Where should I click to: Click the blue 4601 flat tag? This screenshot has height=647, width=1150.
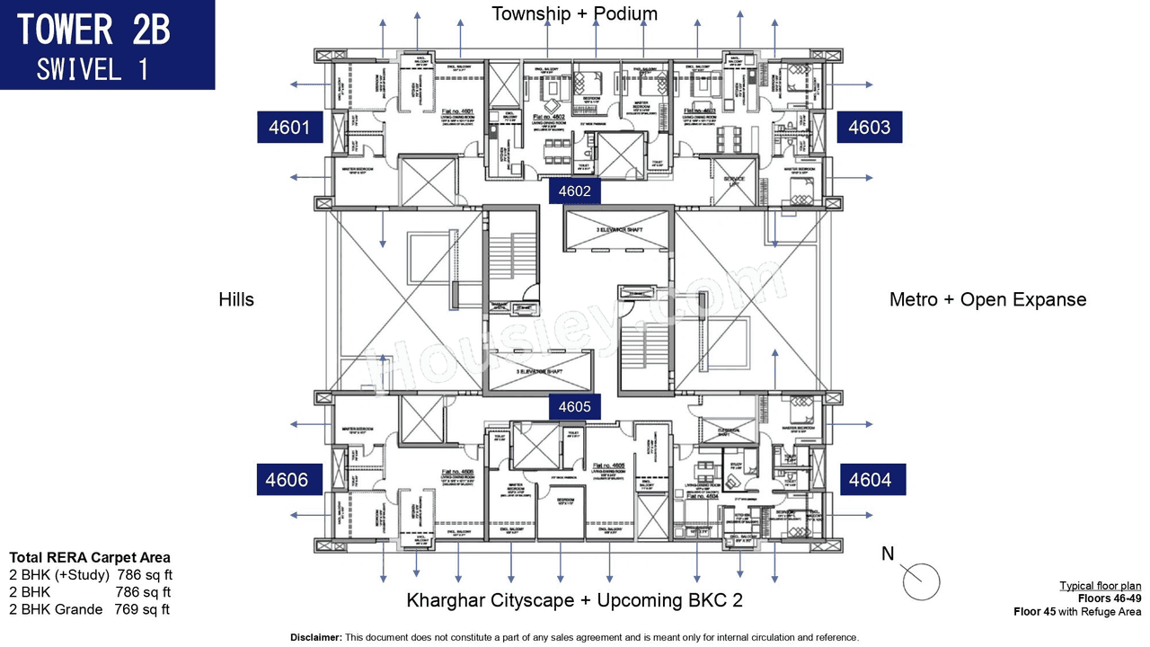click(289, 128)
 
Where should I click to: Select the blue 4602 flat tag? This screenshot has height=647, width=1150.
click(574, 191)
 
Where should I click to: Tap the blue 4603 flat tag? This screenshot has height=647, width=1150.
click(870, 128)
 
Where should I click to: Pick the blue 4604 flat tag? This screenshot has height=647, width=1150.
click(870, 480)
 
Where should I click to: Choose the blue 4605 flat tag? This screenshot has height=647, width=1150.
click(574, 407)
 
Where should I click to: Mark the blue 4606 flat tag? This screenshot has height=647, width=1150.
click(287, 480)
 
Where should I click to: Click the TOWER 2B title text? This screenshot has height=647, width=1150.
click(93, 30)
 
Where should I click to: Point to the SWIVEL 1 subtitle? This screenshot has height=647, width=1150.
click(93, 69)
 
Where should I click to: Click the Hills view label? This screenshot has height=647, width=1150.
click(236, 300)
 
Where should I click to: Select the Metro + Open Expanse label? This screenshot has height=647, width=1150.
click(987, 300)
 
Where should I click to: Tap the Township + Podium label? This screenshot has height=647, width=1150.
click(574, 13)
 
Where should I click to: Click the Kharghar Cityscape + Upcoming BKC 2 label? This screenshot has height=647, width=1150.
click(574, 600)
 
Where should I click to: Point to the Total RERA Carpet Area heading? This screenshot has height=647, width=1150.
click(89, 558)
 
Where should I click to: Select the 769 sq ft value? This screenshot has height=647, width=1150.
click(142, 609)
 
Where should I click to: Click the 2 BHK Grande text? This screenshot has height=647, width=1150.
click(56, 609)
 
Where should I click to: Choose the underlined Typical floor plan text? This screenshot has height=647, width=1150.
click(1100, 586)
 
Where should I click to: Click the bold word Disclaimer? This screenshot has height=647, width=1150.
click(315, 637)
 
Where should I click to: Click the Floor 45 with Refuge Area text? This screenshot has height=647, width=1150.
click(1077, 612)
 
